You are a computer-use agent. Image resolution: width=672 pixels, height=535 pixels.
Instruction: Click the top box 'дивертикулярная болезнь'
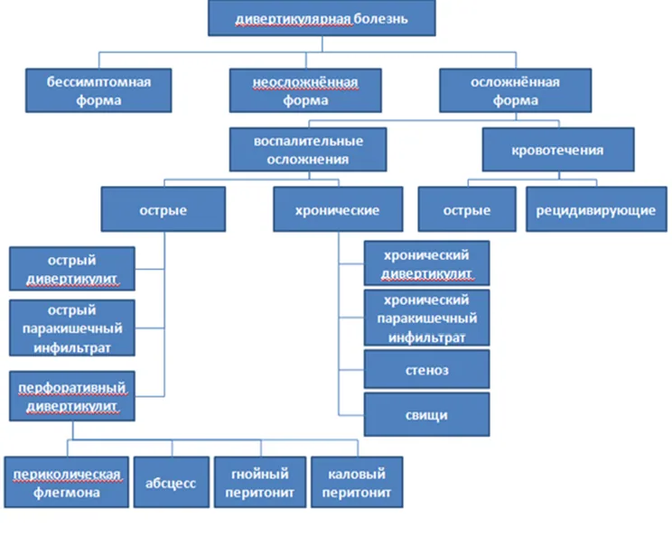[322, 18]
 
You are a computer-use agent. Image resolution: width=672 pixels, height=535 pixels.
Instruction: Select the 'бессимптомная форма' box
[98, 90]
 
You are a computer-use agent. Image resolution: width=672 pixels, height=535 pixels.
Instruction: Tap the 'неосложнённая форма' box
[305, 90]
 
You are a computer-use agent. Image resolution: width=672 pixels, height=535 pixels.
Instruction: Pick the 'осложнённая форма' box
[516, 90]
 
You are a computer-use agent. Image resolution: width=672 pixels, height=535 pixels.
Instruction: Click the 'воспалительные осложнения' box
[308, 150]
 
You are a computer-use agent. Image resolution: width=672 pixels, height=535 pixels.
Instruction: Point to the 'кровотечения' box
[558, 150]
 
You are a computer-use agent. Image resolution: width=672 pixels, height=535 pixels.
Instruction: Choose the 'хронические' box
[338, 209]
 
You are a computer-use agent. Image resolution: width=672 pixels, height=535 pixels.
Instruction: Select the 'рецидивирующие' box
[596, 209]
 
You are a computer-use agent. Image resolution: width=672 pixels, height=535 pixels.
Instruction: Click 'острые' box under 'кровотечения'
[467, 209]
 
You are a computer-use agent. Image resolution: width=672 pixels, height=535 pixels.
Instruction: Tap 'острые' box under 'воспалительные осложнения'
[163, 209]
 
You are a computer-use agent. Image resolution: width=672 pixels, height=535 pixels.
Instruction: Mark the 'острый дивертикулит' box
[72, 269]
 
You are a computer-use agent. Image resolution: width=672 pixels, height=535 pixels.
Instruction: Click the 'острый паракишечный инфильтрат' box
[72, 327]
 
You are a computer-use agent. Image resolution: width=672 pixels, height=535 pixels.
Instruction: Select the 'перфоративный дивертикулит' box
[72, 396]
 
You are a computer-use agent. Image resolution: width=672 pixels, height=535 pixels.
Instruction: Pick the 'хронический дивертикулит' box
[427, 263]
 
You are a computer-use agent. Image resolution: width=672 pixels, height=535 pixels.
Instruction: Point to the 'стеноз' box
[427, 369]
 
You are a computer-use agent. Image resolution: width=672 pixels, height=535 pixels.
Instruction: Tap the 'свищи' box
[427, 414]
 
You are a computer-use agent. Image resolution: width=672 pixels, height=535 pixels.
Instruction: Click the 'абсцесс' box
[172, 483]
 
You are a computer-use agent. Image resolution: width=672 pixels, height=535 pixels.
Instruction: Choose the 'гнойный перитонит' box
[260, 483]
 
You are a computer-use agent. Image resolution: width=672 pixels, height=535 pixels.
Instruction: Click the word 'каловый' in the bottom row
[357, 474]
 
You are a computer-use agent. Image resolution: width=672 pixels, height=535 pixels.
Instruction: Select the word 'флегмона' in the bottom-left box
[67, 493]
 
